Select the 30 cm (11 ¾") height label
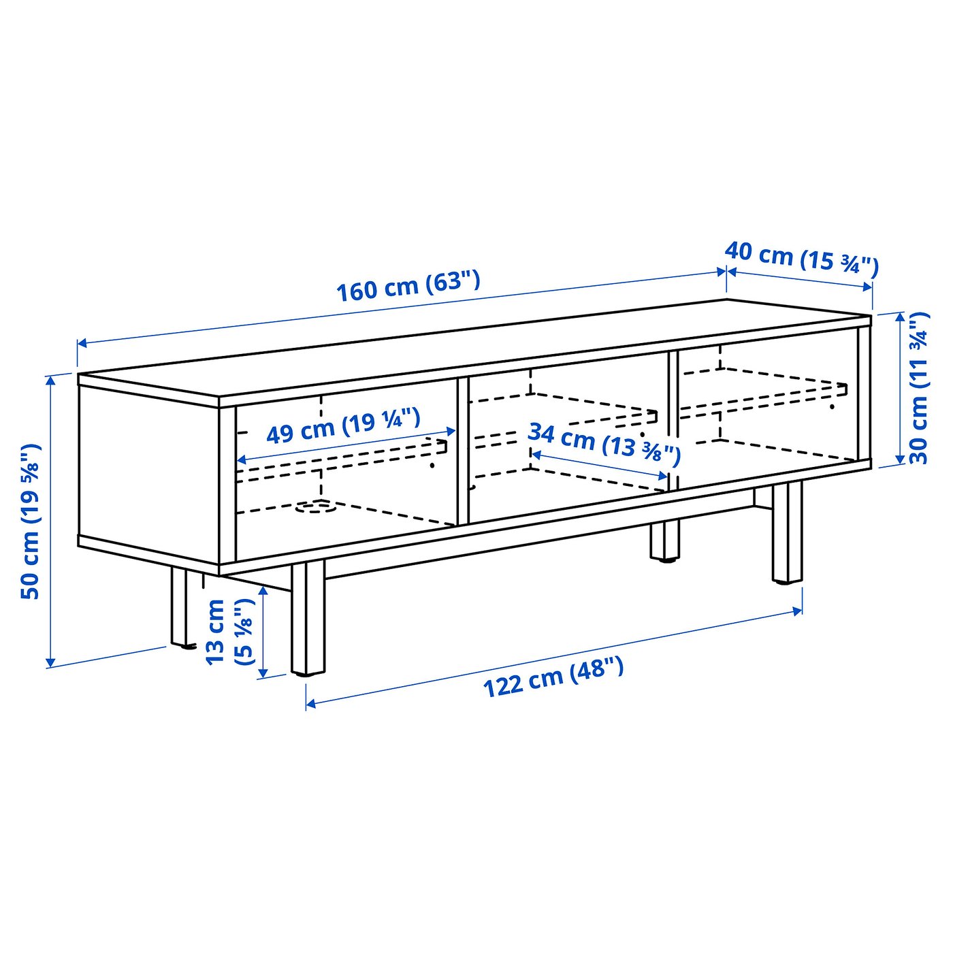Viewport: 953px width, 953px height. tap(919, 388)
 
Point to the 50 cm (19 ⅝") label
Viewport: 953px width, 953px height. tap(31, 521)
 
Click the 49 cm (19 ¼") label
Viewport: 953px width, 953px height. tap(343, 426)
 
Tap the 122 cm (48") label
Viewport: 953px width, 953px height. tap(553, 677)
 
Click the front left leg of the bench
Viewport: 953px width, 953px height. tap(308, 619)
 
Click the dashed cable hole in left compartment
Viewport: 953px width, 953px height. tap(315, 506)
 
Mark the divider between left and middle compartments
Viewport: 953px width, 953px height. tap(463, 449)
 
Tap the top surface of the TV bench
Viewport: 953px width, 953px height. tap(476, 347)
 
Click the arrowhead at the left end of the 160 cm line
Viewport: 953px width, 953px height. tap(80, 344)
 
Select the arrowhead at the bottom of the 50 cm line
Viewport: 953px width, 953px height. tap(50, 662)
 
